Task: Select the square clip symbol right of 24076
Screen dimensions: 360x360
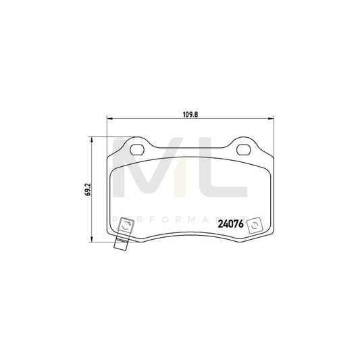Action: [x=255, y=225]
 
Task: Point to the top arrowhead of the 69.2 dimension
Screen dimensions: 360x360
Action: [x=93, y=140]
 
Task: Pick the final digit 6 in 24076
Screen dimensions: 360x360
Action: [x=242, y=225]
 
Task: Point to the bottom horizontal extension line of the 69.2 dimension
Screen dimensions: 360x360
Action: [x=101, y=242]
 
